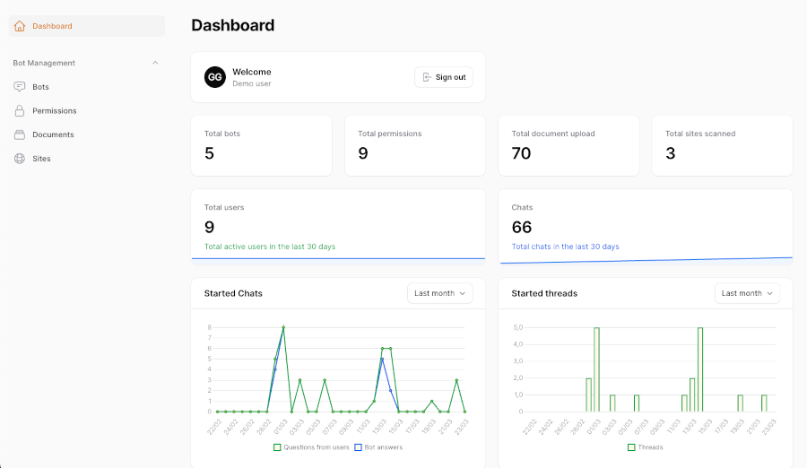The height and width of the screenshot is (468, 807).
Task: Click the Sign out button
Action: pos(444,77)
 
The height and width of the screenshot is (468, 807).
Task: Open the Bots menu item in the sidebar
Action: pos(40,87)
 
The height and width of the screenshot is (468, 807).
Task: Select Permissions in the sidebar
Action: pos(54,111)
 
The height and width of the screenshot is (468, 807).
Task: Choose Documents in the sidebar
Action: pos(53,134)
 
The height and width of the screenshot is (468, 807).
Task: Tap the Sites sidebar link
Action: pos(41,159)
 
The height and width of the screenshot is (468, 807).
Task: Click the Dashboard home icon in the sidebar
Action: pos(20,26)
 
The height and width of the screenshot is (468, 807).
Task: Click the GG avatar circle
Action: pos(214,77)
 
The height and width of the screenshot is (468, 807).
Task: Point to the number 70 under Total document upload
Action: pos(521,153)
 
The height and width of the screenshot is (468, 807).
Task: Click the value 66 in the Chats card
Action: pos(522,227)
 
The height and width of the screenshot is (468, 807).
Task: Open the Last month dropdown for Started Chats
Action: pos(439,293)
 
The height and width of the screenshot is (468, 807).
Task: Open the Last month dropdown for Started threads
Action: pos(747,293)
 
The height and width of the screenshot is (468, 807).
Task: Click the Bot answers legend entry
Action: pos(378,446)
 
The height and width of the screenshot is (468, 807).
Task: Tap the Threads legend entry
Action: pos(645,446)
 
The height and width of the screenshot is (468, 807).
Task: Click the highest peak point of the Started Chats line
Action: pos(283,327)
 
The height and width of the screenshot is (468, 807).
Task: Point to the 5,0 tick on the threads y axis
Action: pos(517,327)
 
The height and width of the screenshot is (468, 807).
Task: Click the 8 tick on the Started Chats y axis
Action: pos(209,327)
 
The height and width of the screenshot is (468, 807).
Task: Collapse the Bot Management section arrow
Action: pos(155,63)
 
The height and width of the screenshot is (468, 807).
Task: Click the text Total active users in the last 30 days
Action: pos(270,247)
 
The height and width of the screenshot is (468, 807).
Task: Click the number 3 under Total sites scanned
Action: pos(671,153)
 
